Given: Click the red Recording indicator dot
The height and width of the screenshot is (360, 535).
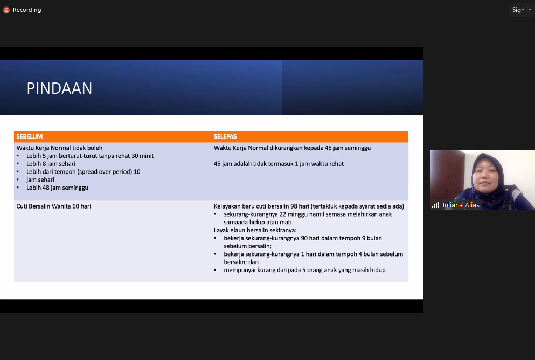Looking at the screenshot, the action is click(x=6, y=10).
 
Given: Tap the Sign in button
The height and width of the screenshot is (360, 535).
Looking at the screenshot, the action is click(x=522, y=10).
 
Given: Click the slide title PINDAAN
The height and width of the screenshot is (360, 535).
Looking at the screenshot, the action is click(x=59, y=88).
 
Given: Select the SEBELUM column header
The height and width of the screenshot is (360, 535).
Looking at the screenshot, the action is click(x=30, y=136).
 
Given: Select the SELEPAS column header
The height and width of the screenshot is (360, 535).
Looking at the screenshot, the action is click(x=225, y=136).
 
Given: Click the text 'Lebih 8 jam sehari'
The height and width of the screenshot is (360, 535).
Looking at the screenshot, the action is click(x=51, y=164).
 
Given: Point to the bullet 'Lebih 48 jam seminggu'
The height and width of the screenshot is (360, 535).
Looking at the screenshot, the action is click(x=57, y=188).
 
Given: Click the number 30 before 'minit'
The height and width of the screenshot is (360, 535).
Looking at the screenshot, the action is click(x=135, y=156).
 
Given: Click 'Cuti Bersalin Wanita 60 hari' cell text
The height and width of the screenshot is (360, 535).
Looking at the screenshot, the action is click(x=53, y=206).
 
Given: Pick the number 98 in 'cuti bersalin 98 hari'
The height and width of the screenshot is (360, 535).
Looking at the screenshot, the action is click(x=294, y=206).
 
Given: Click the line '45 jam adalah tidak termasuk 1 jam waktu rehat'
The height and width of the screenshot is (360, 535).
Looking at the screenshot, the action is click(x=279, y=164).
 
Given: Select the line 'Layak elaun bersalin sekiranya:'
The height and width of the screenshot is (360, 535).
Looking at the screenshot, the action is click(x=255, y=230).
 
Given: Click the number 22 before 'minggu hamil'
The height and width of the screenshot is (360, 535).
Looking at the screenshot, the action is click(x=282, y=214).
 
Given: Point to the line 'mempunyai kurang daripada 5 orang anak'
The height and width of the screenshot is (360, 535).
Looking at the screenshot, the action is click(x=305, y=270).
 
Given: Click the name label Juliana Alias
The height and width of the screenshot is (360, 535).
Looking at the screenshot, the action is click(x=461, y=205).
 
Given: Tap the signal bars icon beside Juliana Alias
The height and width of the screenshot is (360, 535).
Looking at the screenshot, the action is click(x=435, y=205).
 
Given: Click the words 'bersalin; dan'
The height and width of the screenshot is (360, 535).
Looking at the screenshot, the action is click(x=241, y=262).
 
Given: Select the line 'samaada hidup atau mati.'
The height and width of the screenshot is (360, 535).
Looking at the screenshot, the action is click(x=259, y=222).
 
